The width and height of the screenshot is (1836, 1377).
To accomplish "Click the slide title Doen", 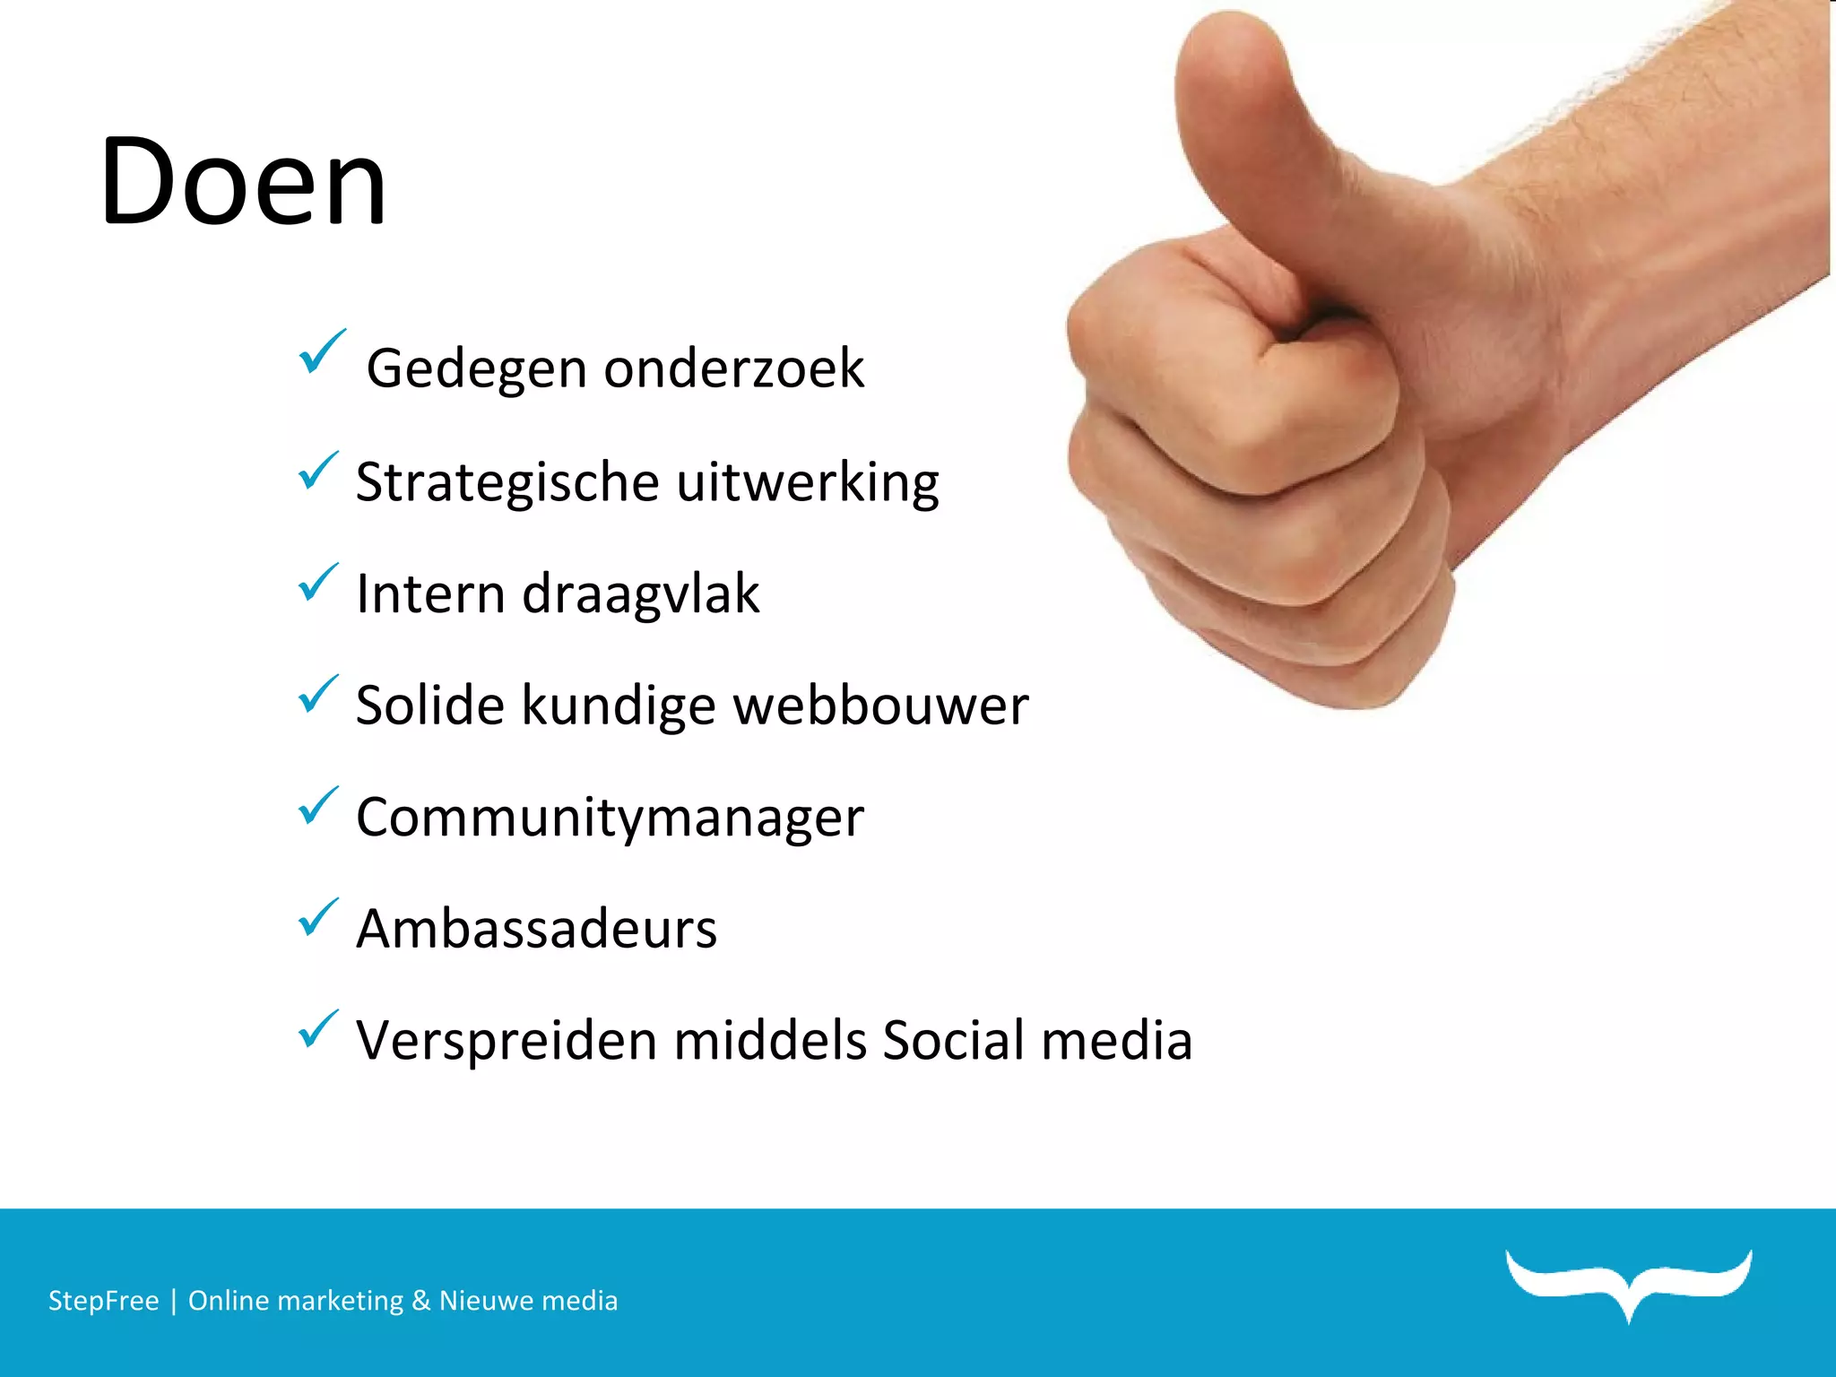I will pyautogui.click(x=242, y=182).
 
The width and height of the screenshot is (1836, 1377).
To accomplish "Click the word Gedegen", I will pyautogui.click(x=476, y=369).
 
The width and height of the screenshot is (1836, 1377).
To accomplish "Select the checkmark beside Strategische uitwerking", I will pyautogui.click(x=318, y=471).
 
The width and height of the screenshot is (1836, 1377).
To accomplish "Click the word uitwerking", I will pyautogui.click(x=807, y=482).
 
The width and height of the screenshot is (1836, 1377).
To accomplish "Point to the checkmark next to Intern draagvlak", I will pyautogui.click(x=318, y=583).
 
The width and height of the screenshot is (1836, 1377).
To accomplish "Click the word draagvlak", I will pyautogui.click(x=640, y=594).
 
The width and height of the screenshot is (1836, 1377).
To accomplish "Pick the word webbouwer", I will pyautogui.click(x=880, y=706).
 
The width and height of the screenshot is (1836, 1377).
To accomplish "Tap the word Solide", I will pyautogui.click(x=430, y=706).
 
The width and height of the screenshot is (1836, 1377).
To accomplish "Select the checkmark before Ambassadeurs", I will pyautogui.click(x=318, y=917).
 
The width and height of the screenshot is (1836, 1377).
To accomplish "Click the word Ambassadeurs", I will pyautogui.click(x=536, y=929).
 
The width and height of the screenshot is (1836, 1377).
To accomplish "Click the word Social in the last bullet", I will pyautogui.click(x=953, y=1040).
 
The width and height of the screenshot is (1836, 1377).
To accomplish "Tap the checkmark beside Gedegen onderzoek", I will pyautogui.click(x=321, y=351).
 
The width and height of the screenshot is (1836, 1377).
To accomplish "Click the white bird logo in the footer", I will pyautogui.click(x=1629, y=1282).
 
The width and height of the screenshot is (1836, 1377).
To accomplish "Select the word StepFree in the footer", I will pyautogui.click(x=103, y=1301).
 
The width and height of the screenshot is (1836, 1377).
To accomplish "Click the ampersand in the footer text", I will pyautogui.click(x=420, y=1301).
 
